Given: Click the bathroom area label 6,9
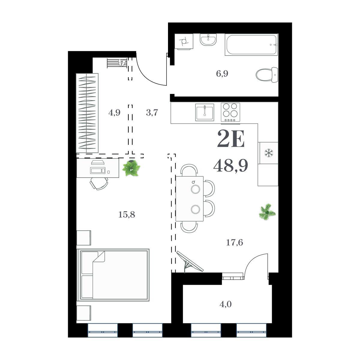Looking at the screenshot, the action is [222, 74].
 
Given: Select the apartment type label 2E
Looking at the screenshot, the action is [231, 139].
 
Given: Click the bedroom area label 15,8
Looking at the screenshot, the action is [127, 215].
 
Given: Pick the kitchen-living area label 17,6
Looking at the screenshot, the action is [235, 243].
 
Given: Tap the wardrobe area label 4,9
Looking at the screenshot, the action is [114, 113].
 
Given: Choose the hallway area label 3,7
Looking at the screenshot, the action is [152, 113].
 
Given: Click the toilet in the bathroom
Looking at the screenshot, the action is [267, 75].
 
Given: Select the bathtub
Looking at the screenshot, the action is [251, 45].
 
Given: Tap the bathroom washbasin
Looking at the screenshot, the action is [208, 39].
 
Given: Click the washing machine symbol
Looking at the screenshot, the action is [184, 42].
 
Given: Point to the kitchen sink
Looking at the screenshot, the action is [205, 112].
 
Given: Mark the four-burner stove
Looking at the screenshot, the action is [230, 112].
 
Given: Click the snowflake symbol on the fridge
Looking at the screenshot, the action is [268, 153].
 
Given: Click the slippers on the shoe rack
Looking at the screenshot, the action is [122, 63].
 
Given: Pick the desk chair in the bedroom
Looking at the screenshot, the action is [99, 184].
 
